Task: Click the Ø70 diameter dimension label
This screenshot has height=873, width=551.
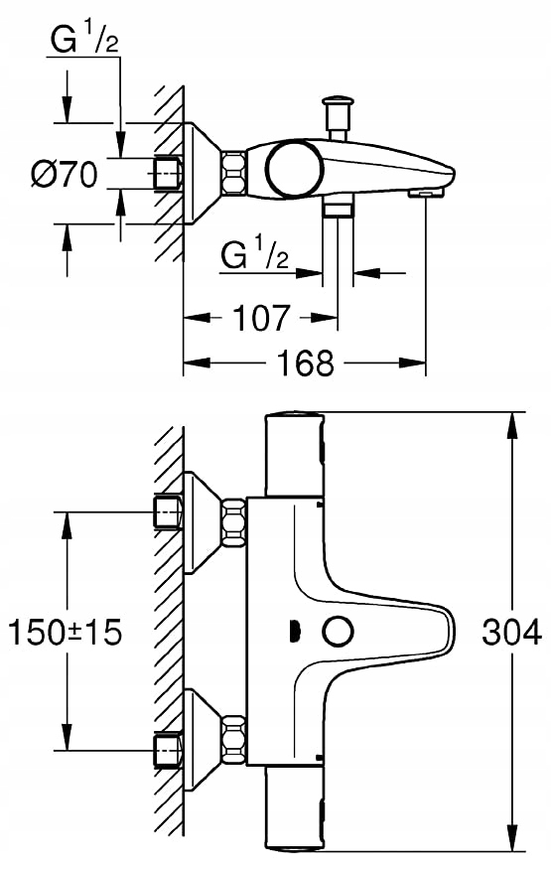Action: [x=64, y=174]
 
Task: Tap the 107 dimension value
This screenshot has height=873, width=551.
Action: [x=261, y=318]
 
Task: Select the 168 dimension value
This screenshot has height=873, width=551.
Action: [x=306, y=364]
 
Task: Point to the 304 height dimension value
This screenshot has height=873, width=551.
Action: [x=511, y=632]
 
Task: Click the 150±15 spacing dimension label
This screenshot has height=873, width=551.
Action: [x=66, y=632]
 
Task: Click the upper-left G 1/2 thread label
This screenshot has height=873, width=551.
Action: [x=84, y=40]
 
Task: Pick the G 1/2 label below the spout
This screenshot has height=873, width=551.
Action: [x=255, y=254]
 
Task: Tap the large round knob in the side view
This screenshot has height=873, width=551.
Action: [x=294, y=168]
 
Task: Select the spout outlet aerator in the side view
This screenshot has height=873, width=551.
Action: [x=426, y=193]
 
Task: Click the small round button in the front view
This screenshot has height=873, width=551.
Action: [x=339, y=632]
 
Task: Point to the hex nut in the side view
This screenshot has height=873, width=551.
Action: [x=234, y=172]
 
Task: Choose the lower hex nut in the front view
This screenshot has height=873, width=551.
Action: [x=234, y=738]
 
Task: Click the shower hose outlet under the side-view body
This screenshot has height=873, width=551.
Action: [x=338, y=210]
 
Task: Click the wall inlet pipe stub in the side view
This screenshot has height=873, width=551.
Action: [x=167, y=174]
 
